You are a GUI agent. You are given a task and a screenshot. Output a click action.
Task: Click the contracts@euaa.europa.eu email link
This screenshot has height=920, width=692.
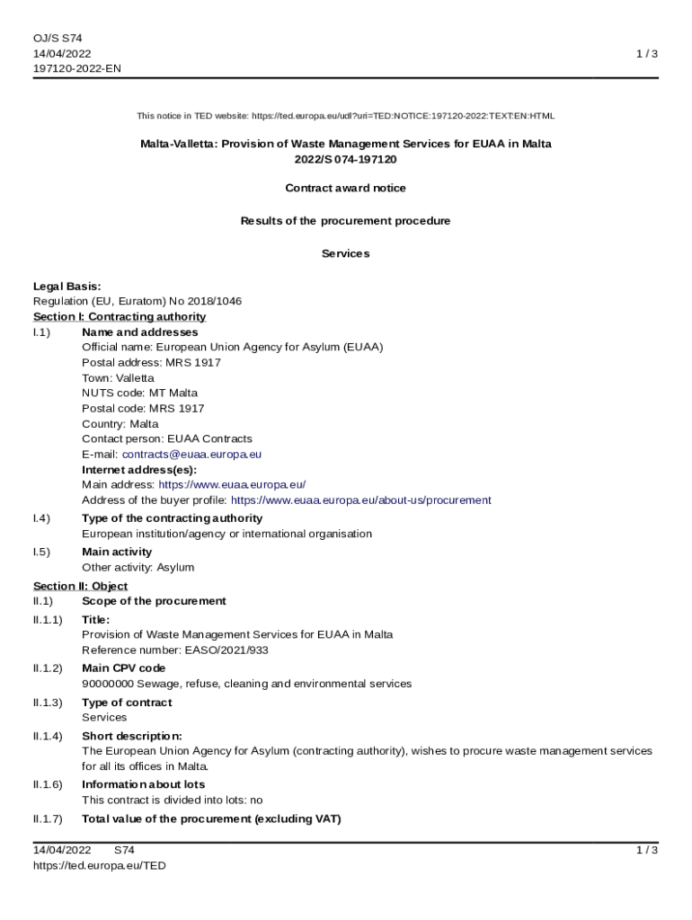[x=191, y=455]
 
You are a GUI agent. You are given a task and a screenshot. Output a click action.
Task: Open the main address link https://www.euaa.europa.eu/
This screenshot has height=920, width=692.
[x=232, y=485]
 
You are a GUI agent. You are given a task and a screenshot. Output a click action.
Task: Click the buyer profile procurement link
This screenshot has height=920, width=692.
[x=360, y=500]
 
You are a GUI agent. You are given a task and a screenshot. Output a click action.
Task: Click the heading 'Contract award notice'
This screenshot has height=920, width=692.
[x=345, y=189]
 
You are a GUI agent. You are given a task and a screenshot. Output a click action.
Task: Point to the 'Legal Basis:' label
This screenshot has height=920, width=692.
[x=67, y=287]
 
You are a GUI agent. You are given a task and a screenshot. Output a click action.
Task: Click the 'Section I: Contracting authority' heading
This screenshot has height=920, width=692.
[x=120, y=317]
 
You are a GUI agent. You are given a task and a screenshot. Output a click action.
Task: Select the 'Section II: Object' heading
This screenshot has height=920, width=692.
[x=80, y=587]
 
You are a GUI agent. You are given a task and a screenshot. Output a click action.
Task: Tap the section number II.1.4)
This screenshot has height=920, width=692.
[x=48, y=736]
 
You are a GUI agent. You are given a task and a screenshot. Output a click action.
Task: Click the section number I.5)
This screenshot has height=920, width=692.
[x=41, y=552]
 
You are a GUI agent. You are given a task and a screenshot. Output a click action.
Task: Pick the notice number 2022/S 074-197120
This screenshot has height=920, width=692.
[x=345, y=159]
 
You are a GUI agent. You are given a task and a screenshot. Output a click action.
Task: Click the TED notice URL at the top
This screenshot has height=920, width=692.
[x=403, y=116]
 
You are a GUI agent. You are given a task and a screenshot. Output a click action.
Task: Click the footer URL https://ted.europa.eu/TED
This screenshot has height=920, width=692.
[x=100, y=865]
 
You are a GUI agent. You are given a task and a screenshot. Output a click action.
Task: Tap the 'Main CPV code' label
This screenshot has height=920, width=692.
[x=123, y=668]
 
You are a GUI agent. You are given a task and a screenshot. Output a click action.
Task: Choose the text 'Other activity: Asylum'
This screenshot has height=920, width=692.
[x=138, y=568]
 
